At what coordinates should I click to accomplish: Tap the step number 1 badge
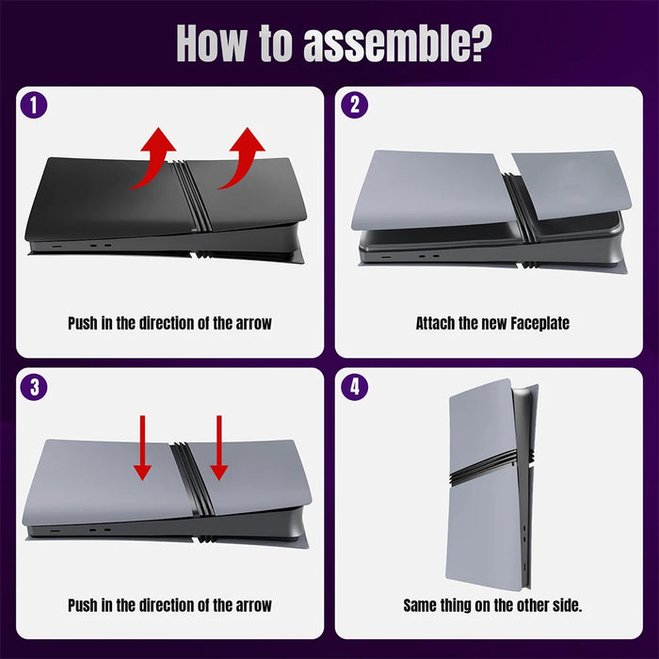34,105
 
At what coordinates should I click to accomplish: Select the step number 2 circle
354,105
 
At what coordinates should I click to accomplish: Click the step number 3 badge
34,386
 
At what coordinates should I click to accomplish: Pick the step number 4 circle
354,386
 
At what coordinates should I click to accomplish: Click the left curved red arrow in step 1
153,158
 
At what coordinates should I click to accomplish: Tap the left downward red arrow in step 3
142,447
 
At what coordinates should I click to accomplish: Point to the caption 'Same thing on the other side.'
492,604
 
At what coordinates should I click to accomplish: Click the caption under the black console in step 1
169,324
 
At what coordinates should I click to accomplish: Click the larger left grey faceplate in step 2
428,188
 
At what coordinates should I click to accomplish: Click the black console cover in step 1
104,198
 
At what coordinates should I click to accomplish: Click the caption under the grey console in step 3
169,604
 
